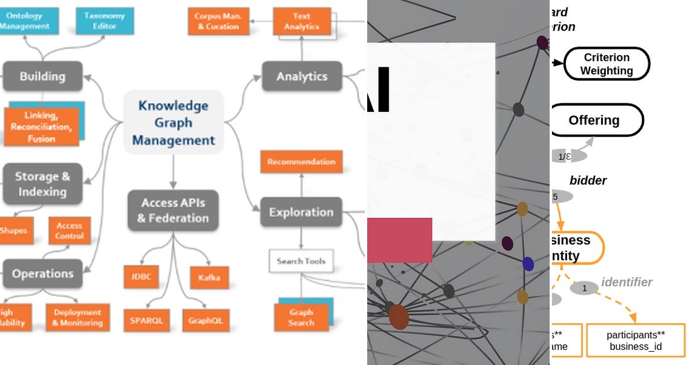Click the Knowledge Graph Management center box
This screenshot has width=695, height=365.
(x=173, y=122)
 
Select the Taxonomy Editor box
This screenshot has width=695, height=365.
(x=105, y=21)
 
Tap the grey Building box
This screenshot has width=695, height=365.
(x=42, y=76)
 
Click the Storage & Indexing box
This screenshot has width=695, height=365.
(x=42, y=184)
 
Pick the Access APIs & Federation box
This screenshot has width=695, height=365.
(x=173, y=210)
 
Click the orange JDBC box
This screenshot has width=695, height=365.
(x=141, y=277)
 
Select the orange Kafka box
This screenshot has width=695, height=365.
(x=209, y=278)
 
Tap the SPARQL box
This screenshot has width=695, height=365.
(x=146, y=320)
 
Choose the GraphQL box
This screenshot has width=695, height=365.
(x=206, y=320)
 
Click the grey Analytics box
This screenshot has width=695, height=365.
(x=302, y=76)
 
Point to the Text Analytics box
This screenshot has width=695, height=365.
(x=302, y=21)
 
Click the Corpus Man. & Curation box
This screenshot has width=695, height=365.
(x=218, y=21)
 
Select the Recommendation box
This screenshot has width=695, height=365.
(x=301, y=162)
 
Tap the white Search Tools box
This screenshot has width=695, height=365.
(x=301, y=261)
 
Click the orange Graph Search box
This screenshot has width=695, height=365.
(x=301, y=317)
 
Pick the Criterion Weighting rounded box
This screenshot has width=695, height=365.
(x=606, y=64)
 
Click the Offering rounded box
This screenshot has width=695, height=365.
(x=595, y=121)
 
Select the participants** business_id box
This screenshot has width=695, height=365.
(x=635, y=340)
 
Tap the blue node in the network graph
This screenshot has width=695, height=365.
(x=528, y=264)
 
